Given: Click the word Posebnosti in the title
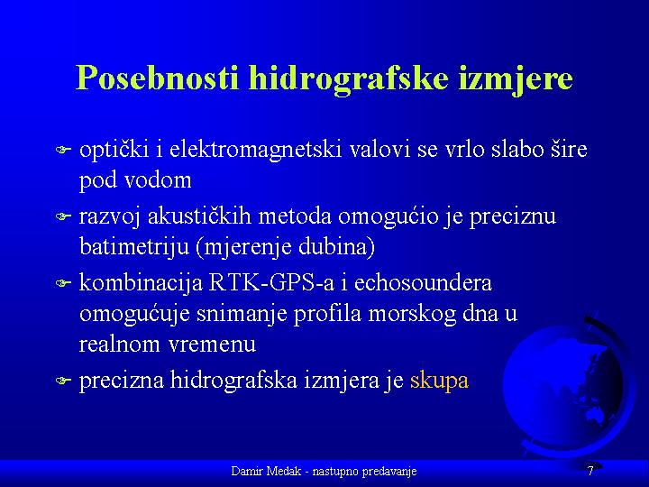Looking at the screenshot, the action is [x=158, y=78].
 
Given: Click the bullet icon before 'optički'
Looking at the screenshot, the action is [x=63, y=150].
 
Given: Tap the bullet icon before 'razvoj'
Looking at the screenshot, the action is [x=63, y=216].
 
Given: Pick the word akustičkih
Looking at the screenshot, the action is [x=199, y=216].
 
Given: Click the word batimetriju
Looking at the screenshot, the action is [x=134, y=247].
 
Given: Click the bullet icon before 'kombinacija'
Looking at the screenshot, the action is [x=63, y=283].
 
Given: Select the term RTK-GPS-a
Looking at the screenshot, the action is [x=271, y=283].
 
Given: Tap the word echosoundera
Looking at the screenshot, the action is [x=423, y=283].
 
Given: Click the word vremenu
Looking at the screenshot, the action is [x=213, y=345].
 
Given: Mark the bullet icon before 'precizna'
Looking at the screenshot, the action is [x=63, y=381].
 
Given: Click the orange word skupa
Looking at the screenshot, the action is [x=439, y=381].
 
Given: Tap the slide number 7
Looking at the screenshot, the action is [x=590, y=471].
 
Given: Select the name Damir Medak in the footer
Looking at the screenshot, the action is [x=266, y=471].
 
